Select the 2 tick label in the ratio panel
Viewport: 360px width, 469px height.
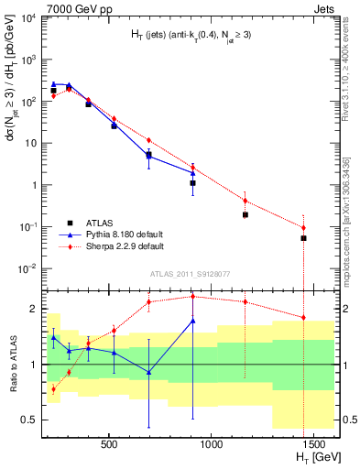[32, 309]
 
